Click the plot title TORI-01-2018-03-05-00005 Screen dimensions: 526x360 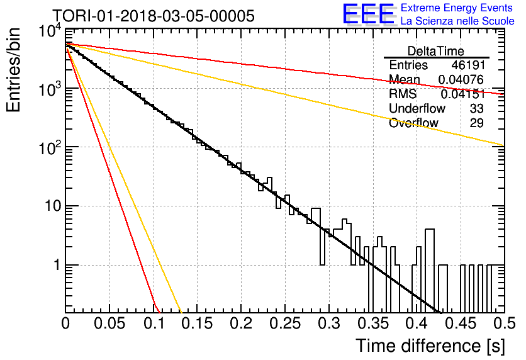click(x=154, y=16)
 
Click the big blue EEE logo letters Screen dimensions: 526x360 click(x=369, y=14)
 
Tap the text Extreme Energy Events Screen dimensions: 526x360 click(x=457, y=8)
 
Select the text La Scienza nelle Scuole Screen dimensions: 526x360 click(x=457, y=21)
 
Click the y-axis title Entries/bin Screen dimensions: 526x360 click(x=13, y=70)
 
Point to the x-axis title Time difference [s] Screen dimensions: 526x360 click(x=430, y=346)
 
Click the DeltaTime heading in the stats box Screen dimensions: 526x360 click(x=436, y=51)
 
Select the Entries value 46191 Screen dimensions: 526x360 click(x=468, y=65)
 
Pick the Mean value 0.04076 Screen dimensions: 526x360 click(x=461, y=80)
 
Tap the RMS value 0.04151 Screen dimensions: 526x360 click(x=463, y=94)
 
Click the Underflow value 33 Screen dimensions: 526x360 click(x=476, y=109)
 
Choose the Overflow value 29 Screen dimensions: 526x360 click(x=476, y=123)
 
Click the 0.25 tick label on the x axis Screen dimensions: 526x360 click(x=286, y=323)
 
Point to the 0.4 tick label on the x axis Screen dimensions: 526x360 click(x=417, y=323)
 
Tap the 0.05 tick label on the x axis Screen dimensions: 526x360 click(x=109, y=323)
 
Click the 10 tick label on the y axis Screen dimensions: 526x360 click(x=53, y=206)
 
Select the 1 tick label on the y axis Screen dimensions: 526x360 click(x=57, y=265)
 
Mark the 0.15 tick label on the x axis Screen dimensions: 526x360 click(x=198, y=323)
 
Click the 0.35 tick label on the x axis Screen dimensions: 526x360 click(x=373, y=323)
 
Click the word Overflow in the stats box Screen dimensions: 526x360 click(x=413, y=123)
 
